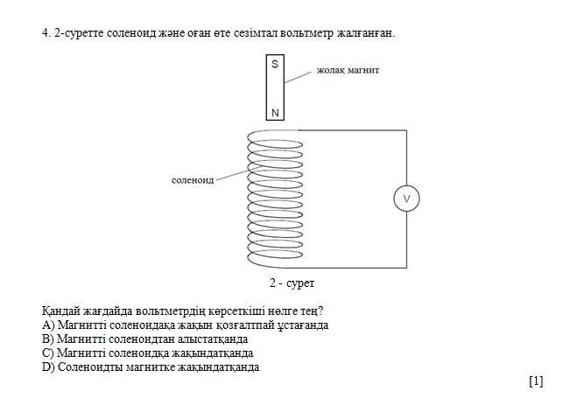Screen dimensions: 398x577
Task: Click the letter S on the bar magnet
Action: point(275,65)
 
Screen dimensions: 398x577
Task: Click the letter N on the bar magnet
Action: point(275,112)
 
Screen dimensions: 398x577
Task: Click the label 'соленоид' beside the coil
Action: point(193,179)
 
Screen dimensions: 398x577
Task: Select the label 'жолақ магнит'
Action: point(348,67)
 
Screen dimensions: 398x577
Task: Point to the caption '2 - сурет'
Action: point(292,283)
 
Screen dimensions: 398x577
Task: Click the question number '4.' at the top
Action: point(46,33)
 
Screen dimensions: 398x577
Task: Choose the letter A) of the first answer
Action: point(48,325)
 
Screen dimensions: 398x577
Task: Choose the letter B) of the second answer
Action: point(48,339)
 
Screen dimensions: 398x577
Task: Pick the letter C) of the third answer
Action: point(48,353)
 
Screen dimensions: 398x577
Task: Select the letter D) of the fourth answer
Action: point(48,367)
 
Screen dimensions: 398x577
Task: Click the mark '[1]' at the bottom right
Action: point(536,381)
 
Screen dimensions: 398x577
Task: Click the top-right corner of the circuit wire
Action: point(406,131)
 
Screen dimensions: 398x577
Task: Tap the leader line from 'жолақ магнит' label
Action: point(302,76)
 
